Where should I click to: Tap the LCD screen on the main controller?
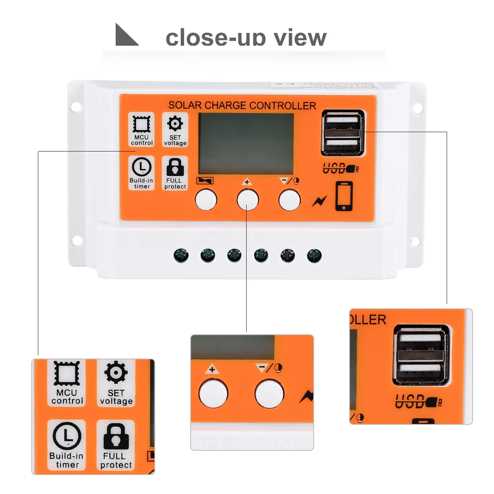click(246, 144)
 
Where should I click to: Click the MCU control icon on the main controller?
click(141, 124)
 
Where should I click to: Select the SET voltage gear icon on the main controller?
click(175, 123)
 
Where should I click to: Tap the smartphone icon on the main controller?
click(344, 196)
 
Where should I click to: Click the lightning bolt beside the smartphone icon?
click(319, 201)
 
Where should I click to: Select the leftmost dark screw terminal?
click(181, 256)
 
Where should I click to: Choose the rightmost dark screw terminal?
click(314, 256)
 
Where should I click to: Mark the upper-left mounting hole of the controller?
click(76, 107)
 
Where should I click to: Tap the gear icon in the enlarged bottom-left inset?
click(116, 372)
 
